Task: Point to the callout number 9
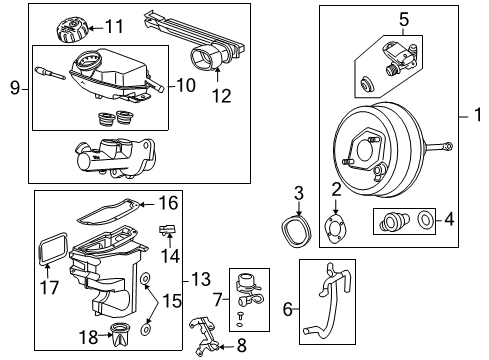pos(14,88)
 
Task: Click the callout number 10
pos(186,85)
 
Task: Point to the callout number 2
pos(337,188)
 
